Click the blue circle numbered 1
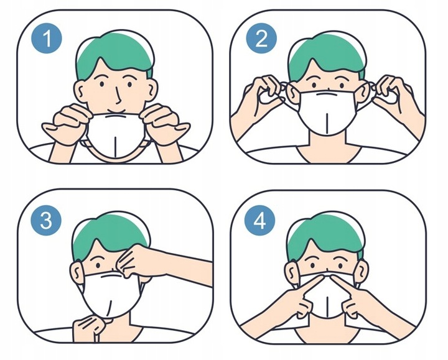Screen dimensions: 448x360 click(x=47, y=39)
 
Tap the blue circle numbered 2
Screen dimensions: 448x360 click(x=261, y=39)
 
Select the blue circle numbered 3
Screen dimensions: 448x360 click(x=46, y=220)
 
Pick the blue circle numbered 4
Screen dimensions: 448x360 click(x=259, y=220)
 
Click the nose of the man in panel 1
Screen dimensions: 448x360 click(x=119, y=96)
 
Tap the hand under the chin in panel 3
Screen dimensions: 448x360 click(x=88, y=328)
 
